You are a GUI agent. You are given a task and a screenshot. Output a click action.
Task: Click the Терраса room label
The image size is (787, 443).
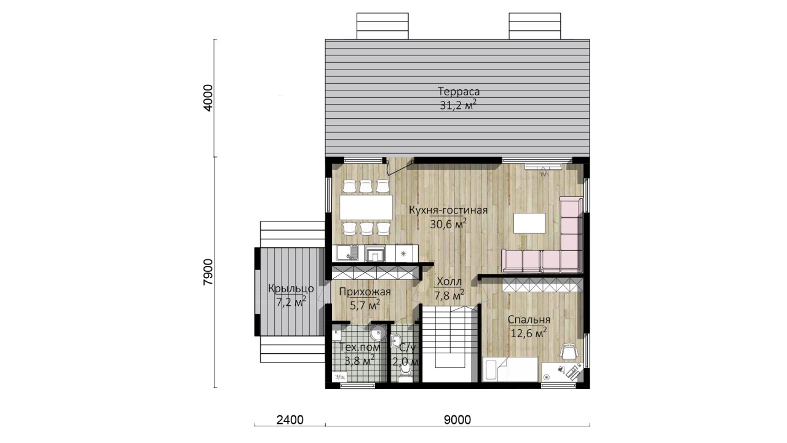(459, 92)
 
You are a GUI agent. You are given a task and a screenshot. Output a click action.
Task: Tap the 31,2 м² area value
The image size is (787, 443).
(458, 105)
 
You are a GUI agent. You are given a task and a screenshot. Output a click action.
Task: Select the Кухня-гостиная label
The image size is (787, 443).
(448, 210)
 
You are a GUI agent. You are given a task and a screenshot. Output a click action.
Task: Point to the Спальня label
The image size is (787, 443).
(529, 319)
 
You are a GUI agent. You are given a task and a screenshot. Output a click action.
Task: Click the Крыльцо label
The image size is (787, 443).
(291, 289)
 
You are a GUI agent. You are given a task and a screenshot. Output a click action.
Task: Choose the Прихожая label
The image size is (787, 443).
(365, 292)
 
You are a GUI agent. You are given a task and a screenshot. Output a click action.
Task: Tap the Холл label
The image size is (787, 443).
(449, 282)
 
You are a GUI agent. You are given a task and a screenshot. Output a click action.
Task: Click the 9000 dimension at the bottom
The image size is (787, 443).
(457, 420)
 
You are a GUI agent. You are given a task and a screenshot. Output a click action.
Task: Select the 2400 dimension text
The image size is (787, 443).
(290, 420)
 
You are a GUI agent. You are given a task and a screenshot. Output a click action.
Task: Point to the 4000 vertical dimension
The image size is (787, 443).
(208, 98)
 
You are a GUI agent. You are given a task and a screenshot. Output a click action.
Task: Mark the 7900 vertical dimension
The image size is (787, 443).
(208, 272)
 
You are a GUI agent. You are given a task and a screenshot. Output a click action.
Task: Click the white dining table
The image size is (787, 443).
(366, 207)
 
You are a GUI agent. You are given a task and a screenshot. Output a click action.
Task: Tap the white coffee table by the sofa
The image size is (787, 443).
(529, 223)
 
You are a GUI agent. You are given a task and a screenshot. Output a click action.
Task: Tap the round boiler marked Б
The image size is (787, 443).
(378, 333)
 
